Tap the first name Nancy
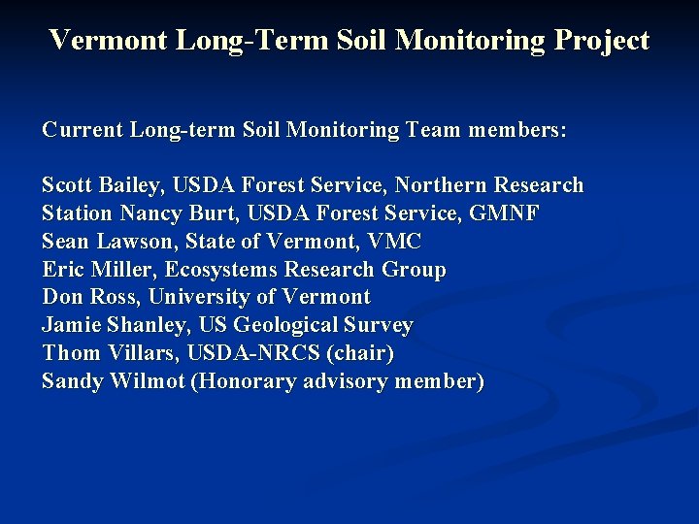tap(144, 213)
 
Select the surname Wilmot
tap(151, 381)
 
